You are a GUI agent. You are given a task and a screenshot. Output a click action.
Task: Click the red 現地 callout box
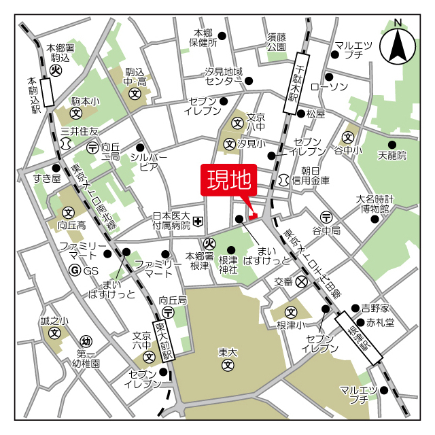click(228, 180)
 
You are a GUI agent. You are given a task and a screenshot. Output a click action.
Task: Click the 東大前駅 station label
click(166, 340)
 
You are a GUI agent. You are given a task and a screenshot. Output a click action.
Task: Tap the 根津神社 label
click(228, 264)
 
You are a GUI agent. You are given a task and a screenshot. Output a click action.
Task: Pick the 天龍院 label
click(391, 156)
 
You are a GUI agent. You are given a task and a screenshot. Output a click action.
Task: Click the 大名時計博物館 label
click(375, 204)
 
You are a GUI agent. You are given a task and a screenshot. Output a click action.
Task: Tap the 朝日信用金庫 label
click(311, 176)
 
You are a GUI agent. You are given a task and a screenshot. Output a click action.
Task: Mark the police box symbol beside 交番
click(302, 281)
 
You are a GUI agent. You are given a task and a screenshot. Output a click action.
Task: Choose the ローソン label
click(329, 86)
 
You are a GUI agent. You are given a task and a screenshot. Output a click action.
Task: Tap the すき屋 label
click(47, 179)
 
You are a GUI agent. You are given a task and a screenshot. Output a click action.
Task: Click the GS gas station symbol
click(75, 271)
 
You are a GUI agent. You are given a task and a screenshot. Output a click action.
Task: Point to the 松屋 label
click(315, 114)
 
